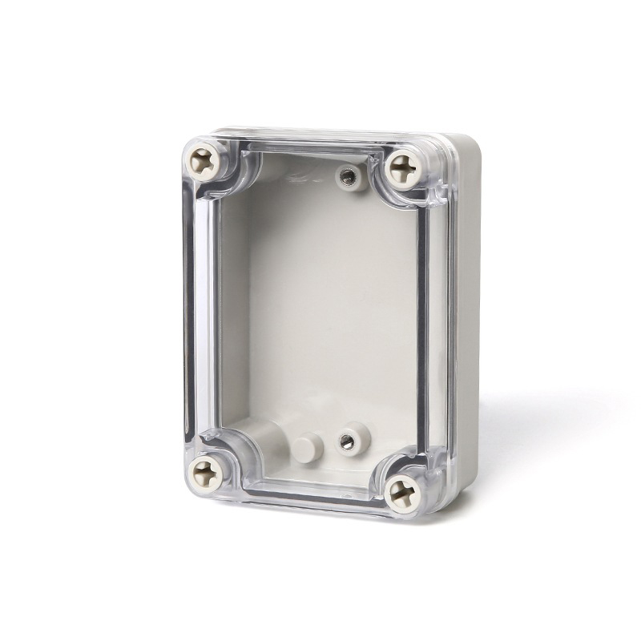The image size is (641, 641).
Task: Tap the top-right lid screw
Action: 405,170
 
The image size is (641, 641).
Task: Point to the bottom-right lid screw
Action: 401,492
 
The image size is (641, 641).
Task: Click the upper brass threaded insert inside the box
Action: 348,175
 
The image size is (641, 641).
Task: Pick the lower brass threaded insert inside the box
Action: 348,439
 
